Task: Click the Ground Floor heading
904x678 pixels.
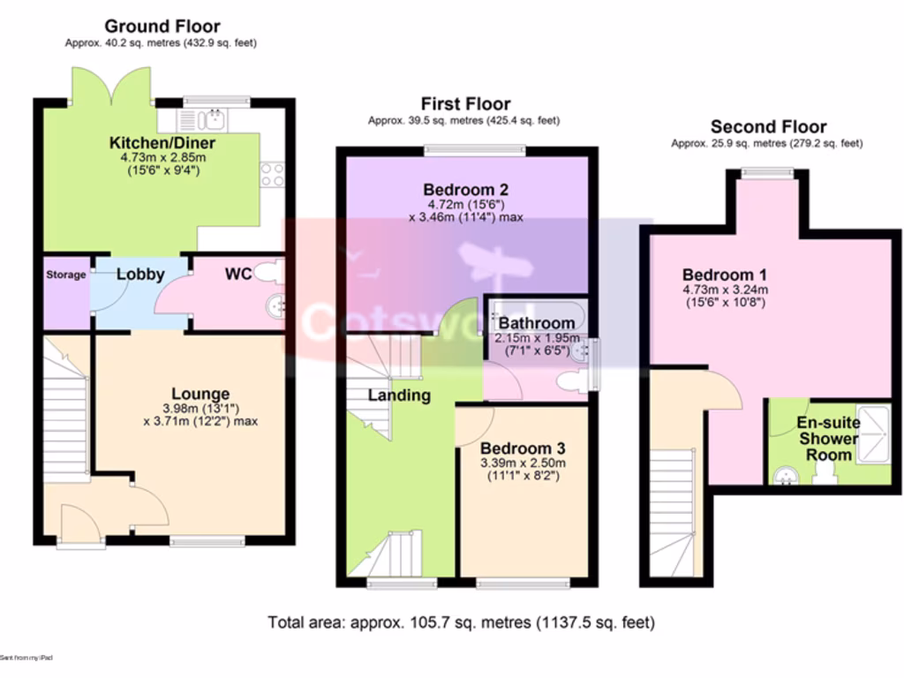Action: tap(162, 26)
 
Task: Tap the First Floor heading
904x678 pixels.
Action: tap(465, 104)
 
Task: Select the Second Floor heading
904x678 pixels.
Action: tap(768, 126)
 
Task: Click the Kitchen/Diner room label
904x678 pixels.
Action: tap(162, 143)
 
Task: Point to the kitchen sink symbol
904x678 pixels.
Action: tap(203, 119)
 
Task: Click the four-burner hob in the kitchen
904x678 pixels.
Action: tap(272, 174)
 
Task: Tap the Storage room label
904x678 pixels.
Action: tap(66, 275)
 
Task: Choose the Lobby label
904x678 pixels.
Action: tap(140, 275)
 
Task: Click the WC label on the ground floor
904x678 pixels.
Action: tap(238, 275)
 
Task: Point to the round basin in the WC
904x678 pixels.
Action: tap(276, 306)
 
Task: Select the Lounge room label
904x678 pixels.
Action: tap(200, 394)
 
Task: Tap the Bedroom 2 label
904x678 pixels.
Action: tap(465, 189)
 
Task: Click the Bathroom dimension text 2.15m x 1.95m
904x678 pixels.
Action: tap(537, 338)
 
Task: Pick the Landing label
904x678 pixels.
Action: tap(399, 395)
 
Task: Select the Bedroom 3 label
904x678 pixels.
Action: tap(523, 447)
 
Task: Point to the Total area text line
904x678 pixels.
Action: tap(462, 622)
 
